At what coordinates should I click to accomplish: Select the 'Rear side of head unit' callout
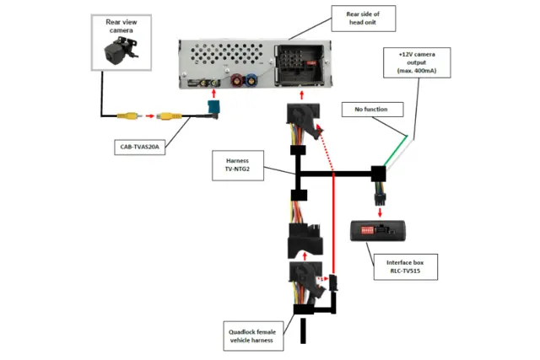pyautogui.click(x=364, y=18)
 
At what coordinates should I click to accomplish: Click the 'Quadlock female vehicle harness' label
pyautogui.click(x=251, y=335)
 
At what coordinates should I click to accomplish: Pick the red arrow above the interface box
pyautogui.click(x=383, y=209)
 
